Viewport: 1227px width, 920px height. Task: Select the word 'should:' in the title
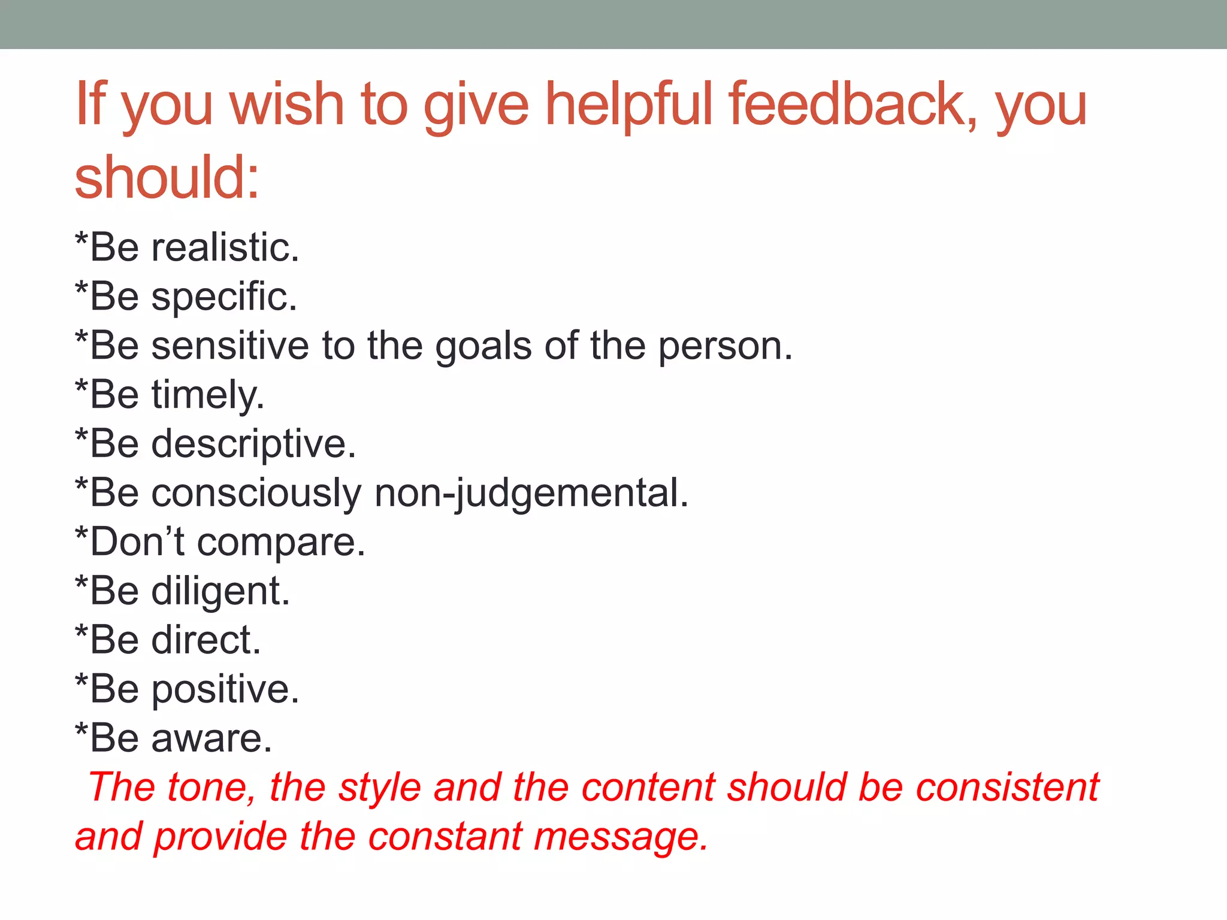pos(167,177)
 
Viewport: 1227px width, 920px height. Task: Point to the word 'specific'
pos(224,297)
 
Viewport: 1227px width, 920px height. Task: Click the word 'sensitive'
pos(229,346)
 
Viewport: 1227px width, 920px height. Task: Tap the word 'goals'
pos(483,347)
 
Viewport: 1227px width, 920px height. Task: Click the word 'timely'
pos(207,395)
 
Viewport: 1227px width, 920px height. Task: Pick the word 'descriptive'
pos(253,444)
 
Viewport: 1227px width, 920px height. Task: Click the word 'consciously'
pos(256,494)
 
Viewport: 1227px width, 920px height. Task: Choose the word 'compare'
pos(280,543)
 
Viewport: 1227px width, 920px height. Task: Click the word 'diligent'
pos(220,592)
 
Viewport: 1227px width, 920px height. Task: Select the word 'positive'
pos(225,689)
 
